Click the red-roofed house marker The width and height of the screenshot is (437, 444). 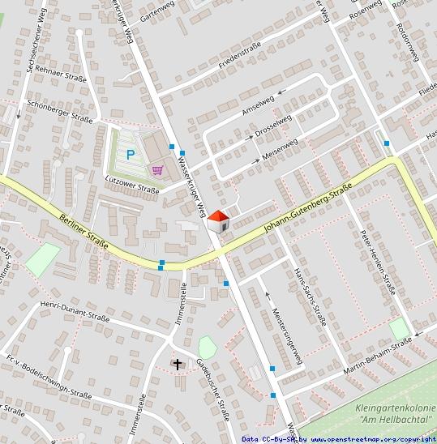219,221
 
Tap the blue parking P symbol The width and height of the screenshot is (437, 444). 130,153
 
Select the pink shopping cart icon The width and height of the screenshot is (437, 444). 157,170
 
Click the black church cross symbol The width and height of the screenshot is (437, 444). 178,365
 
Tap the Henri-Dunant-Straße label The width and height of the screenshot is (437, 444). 74,312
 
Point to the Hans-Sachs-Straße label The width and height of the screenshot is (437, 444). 310,296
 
